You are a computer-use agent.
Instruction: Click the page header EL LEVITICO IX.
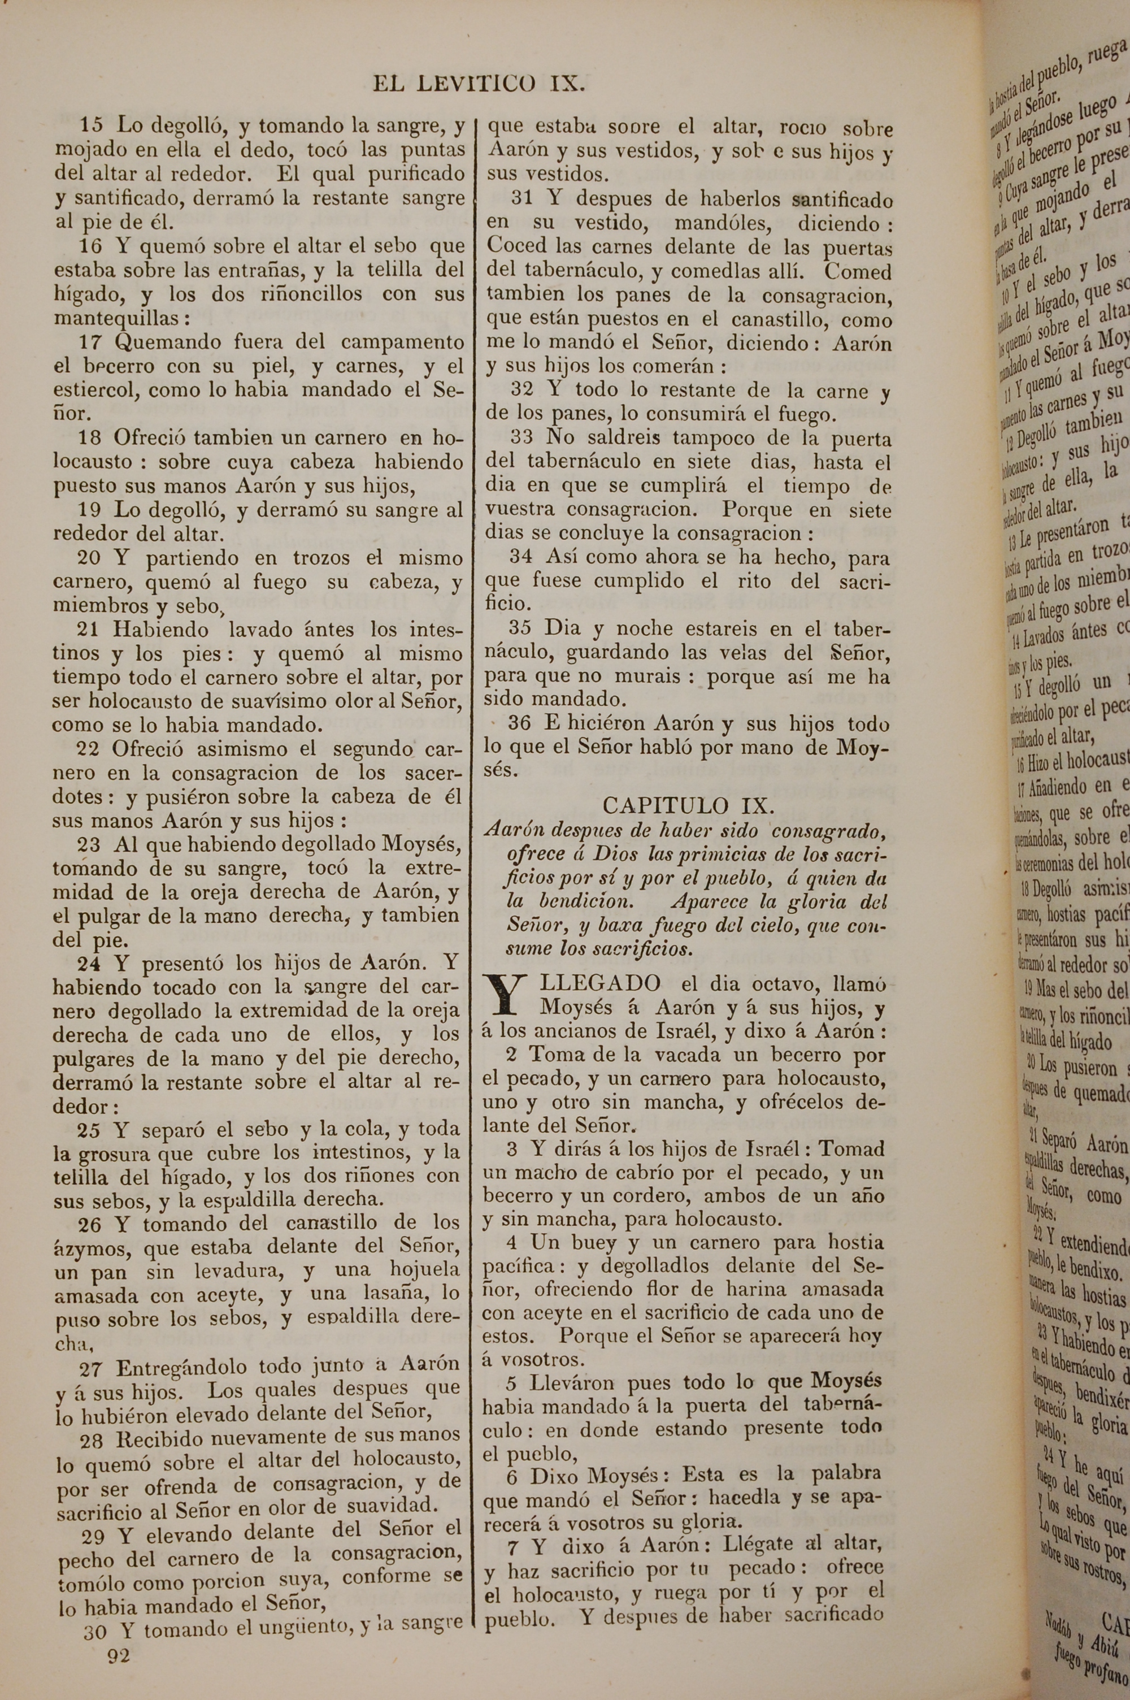click(x=479, y=84)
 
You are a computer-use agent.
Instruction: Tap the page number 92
click(x=118, y=1655)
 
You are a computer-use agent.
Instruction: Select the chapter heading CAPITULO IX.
click(x=688, y=805)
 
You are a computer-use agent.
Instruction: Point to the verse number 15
click(x=91, y=125)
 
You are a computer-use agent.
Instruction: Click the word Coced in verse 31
click(x=518, y=247)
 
